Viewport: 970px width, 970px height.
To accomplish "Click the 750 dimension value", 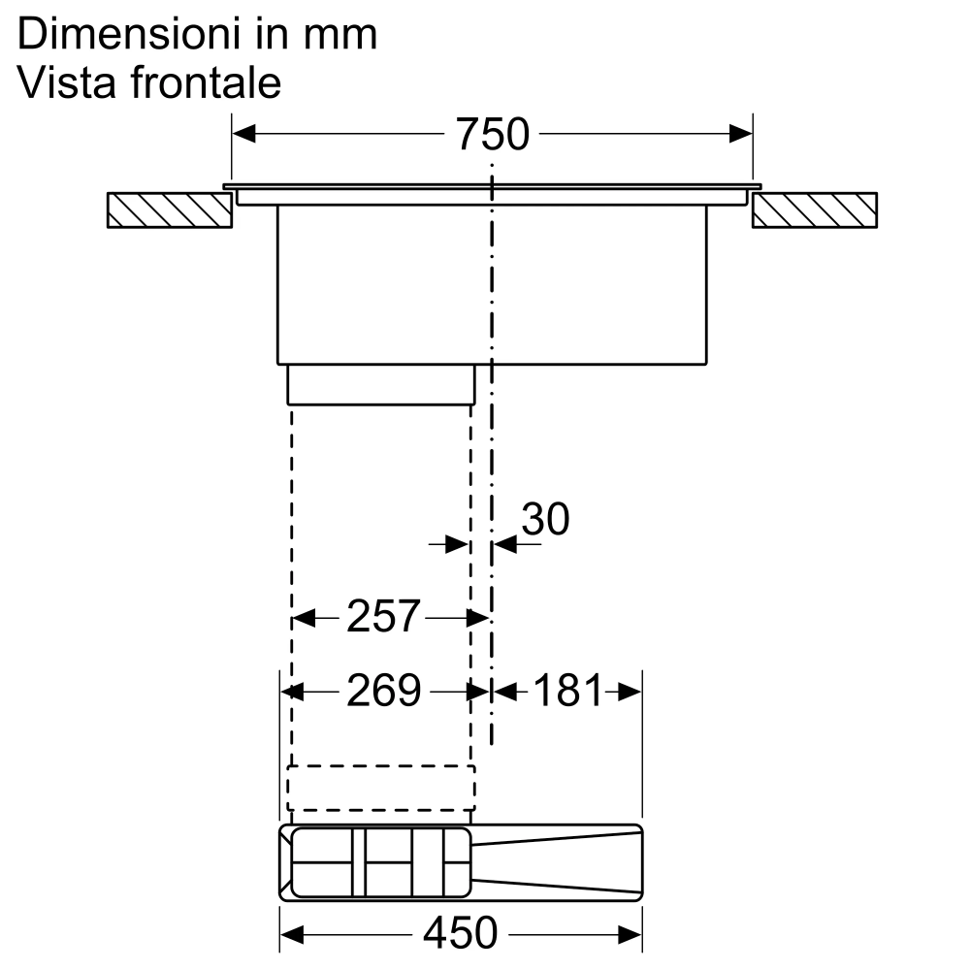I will click(x=493, y=134).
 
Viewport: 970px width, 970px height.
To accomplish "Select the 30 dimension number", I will click(x=545, y=520).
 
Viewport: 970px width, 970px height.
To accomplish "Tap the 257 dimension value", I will click(x=383, y=617).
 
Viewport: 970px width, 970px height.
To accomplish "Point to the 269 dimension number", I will click(x=384, y=691).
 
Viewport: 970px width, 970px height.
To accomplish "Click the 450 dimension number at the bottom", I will click(x=460, y=933).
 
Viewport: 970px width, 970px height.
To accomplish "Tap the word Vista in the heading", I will click(x=57, y=83).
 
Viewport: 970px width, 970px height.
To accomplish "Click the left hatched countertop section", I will click(x=170, y=210).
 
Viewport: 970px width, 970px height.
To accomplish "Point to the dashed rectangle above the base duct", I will click(x=381, y=787).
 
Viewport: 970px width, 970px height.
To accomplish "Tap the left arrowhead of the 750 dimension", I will click(x=242, y=134).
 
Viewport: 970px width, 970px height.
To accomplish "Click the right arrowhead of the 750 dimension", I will click(x=742, y=134).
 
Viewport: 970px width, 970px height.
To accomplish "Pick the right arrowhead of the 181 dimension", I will click(x=630, y=692).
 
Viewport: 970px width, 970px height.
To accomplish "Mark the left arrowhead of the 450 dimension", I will click(x=291, y=934).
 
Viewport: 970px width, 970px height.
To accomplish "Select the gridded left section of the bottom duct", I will click(x=378, y=862).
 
